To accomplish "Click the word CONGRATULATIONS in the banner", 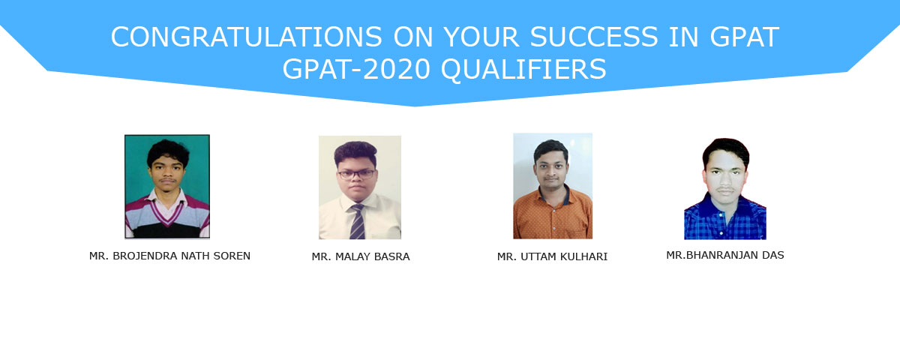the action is coord(246,37).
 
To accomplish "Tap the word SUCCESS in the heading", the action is coord(594,37).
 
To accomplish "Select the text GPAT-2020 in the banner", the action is coord(357,69).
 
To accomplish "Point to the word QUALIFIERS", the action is coord(523,69).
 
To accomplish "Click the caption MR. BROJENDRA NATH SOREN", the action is coord(169,256).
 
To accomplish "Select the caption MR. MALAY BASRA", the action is coord(361,256).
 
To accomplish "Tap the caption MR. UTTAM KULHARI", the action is coord(553,256).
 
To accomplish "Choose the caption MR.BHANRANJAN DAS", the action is coord(725,255).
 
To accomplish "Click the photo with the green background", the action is coord(167,187).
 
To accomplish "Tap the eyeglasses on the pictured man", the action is coord(356,174).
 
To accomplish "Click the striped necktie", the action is coord(357,222).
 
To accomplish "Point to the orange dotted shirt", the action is coord(553,215).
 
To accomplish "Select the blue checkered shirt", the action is coord(725,219).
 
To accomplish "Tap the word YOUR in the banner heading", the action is coord(481,37).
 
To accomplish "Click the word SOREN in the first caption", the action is coord(232,256).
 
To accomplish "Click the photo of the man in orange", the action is coord(553,186).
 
